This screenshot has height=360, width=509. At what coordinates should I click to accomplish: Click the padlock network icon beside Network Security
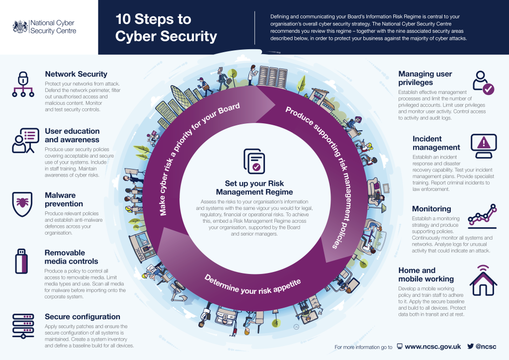23,84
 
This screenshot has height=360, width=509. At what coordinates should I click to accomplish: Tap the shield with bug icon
22,204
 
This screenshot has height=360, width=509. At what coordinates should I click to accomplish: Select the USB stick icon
21,262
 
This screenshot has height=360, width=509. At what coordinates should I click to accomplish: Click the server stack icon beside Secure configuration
23,326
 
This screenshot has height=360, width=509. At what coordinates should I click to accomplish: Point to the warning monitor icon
484,146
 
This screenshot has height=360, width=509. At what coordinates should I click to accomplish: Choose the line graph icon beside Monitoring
482,216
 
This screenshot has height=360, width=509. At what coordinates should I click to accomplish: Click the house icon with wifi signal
483,280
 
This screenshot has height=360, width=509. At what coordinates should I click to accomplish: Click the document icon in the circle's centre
254,161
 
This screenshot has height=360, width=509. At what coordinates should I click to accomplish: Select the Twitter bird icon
470,346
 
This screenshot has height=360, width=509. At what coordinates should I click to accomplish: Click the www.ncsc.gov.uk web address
433,347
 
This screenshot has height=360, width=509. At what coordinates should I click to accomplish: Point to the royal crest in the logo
20,27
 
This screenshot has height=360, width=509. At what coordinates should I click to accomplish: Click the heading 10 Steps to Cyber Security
166,27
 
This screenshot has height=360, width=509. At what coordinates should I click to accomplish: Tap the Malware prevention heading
64,199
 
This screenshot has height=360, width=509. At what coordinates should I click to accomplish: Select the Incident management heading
436,143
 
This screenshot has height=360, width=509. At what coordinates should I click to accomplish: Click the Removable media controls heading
71,257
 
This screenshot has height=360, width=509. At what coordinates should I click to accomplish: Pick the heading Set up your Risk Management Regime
254,187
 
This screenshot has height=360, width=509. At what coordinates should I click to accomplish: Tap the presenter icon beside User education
25,140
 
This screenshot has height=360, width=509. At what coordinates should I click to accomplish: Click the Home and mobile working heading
426,274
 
